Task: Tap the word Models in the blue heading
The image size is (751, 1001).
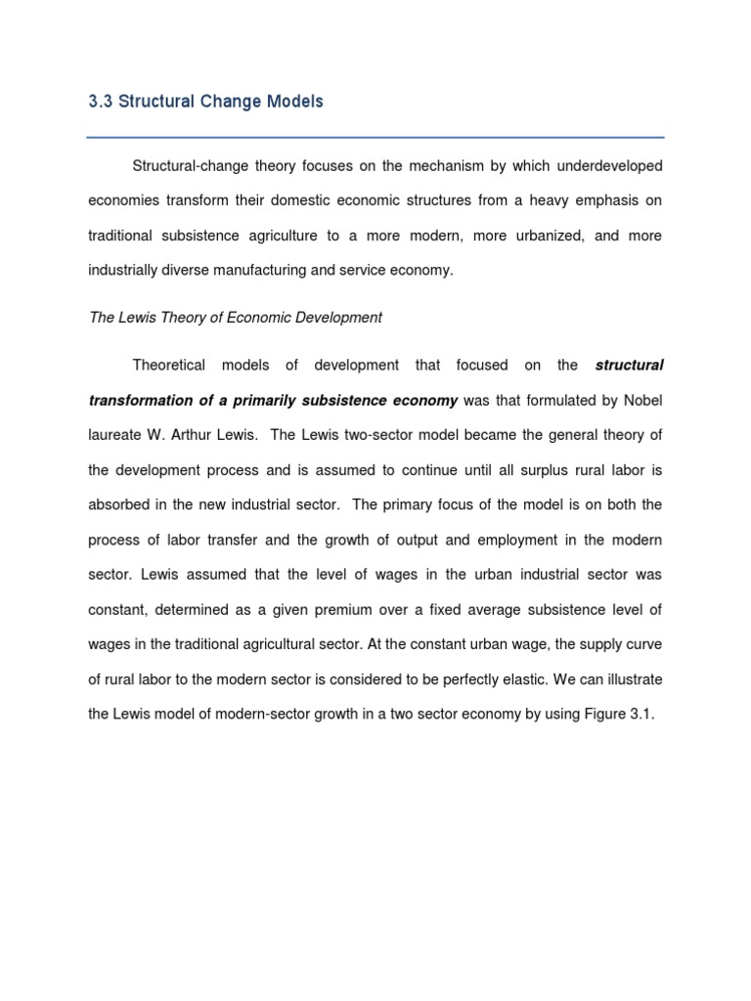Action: (289, 102)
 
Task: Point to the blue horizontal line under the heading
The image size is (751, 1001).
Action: (375, 137)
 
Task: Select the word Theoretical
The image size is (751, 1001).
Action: (169, 366)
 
